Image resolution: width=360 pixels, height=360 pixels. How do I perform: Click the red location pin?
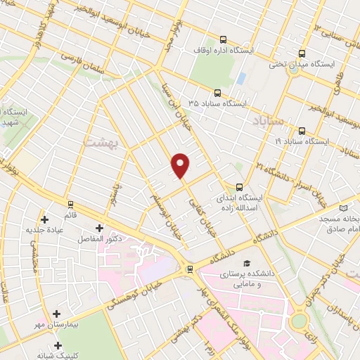181,165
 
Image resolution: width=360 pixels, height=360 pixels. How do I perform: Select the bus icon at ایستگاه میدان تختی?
302,53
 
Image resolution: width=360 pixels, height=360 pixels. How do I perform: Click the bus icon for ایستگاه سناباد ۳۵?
218,92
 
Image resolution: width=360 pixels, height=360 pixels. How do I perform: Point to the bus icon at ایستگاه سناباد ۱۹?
302,131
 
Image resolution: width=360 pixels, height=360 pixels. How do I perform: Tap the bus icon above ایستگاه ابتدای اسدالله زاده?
239,187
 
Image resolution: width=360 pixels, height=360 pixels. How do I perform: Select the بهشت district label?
98,142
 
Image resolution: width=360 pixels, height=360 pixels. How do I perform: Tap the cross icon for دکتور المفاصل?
98,228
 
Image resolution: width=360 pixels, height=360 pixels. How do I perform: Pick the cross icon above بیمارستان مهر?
56,313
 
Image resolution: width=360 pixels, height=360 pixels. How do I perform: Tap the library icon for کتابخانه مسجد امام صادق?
343,208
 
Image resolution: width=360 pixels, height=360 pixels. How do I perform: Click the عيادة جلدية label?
45,230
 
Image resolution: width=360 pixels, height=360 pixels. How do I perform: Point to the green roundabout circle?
300,321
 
